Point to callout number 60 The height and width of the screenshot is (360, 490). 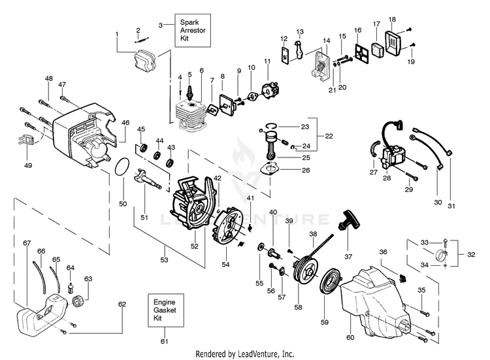[349, 337]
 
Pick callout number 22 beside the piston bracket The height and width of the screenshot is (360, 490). [329, 136]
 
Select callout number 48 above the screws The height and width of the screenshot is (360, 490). [48, 78]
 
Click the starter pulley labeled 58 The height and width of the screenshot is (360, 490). [302, 274]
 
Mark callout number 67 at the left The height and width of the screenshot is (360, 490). [27, 243]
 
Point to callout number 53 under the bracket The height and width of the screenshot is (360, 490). [165, 260]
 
